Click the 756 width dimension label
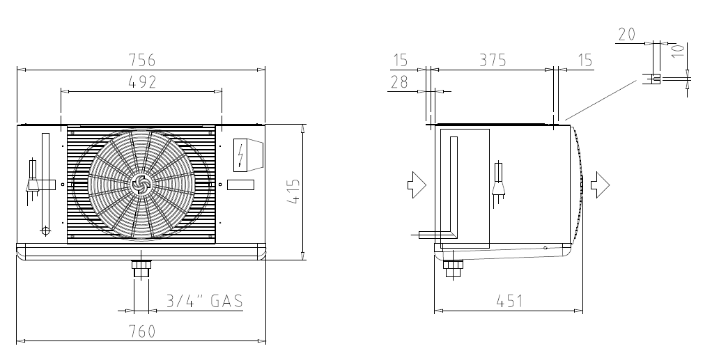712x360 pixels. [142, 60]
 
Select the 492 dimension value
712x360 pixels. [142, 82]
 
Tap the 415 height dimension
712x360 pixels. [294, 192]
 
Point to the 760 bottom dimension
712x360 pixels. [142, 331]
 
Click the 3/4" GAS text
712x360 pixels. [204, 301]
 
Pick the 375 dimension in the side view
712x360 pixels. [493, 60]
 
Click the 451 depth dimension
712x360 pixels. [509, 301]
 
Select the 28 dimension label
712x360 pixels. [399, 82]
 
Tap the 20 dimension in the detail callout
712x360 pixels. [626, 34]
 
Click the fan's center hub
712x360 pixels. [139, 184]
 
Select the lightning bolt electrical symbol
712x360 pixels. [240, 155]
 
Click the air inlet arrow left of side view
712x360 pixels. [417, 185]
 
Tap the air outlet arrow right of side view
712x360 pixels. [601, 185]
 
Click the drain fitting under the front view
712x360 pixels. [141, 269]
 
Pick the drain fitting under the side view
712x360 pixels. [453, 269]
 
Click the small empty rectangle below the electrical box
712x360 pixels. [240, 185]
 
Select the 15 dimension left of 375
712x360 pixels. [401, 60]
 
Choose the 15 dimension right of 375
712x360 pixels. [586, 60]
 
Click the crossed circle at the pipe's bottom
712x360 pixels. [45, 230]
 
